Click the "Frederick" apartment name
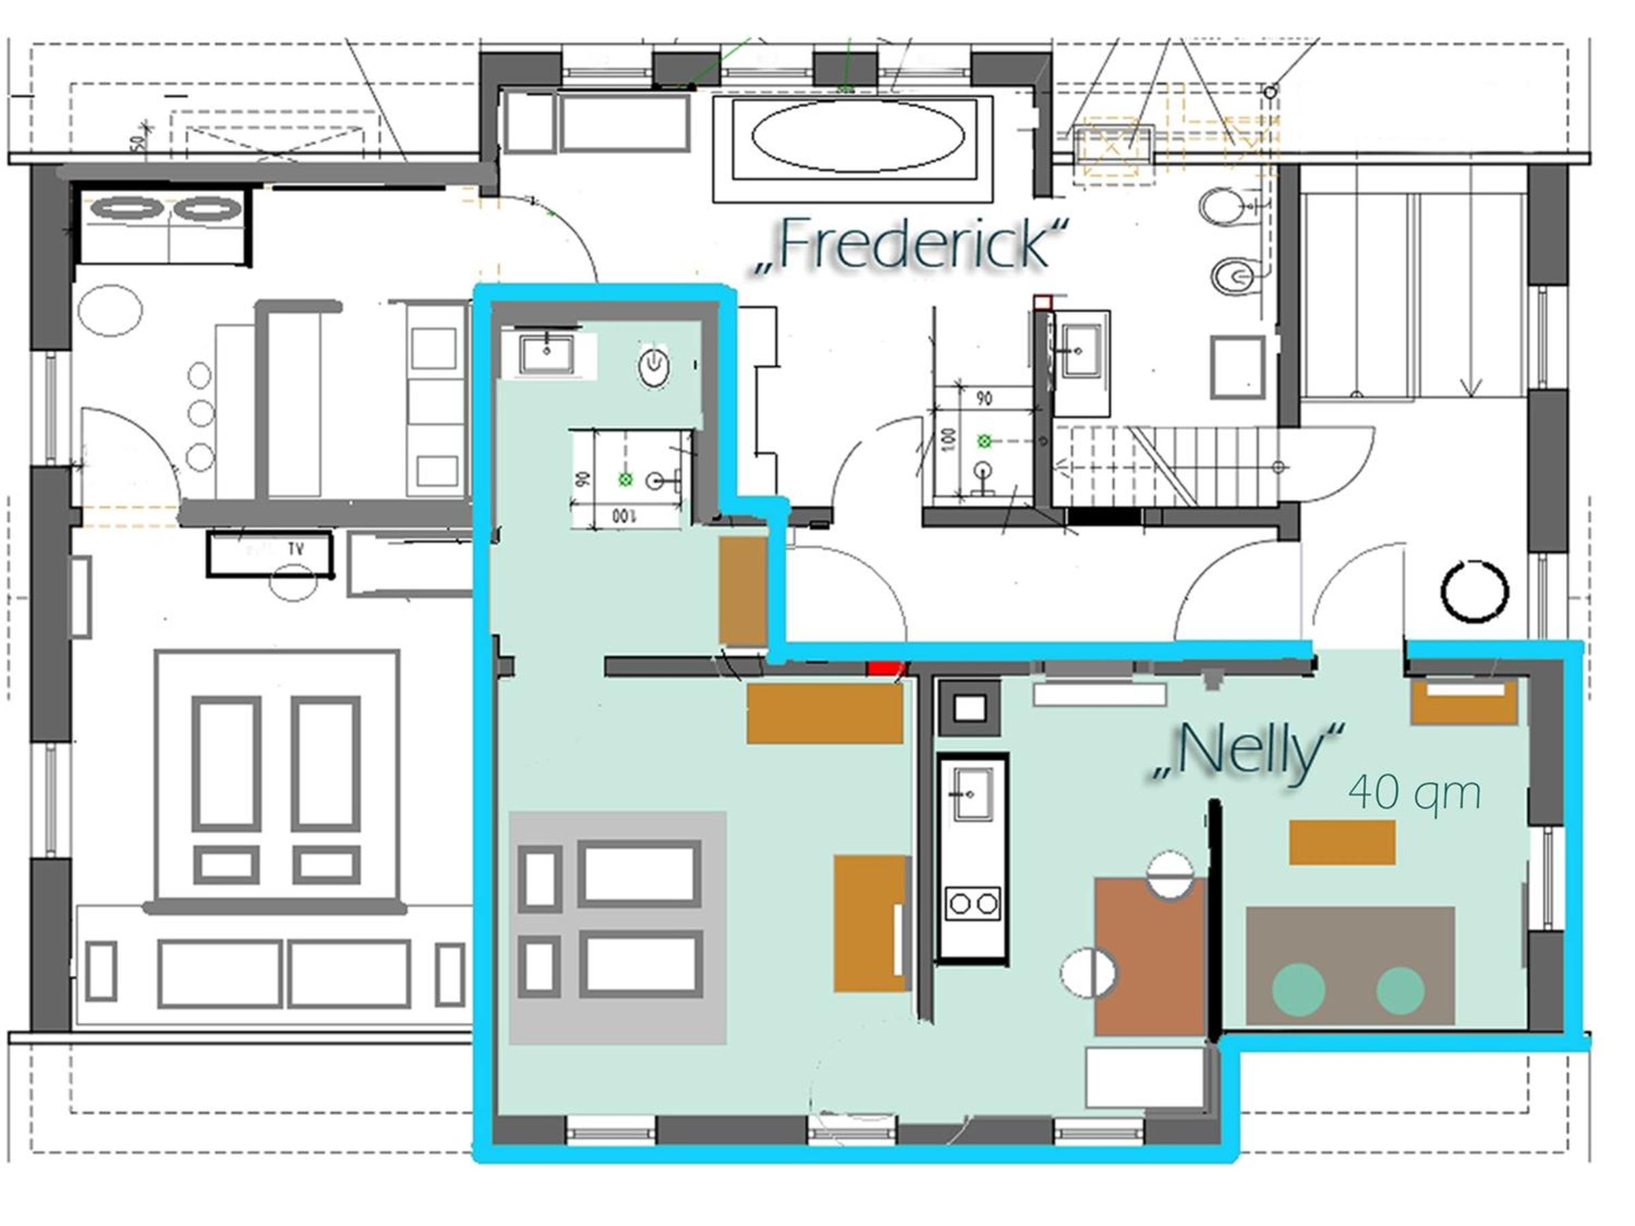(x=912, y=244)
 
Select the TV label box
(x=270, y=554)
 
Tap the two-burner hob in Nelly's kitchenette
(x=974, y=903)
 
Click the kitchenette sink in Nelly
(x=973, y=793)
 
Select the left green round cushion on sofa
(x=1298, y=990)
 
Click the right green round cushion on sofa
(x=1401, y=990)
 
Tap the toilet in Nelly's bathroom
(x=654, y=367)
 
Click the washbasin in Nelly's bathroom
(x=546, y=354)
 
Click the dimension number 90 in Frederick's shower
(x=984, y=399)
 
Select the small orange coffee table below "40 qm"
(x=1342, y=842)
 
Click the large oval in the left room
(x=110, y=311)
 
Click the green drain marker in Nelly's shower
(x=625, y=480)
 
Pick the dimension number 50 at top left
(x=138, y=142)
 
